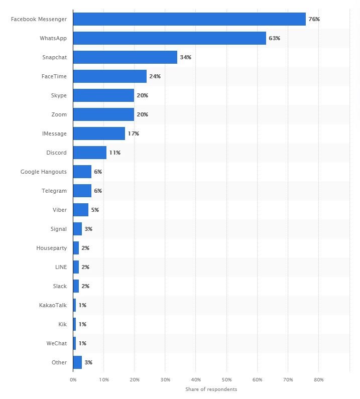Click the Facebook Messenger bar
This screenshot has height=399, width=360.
coord(189,19)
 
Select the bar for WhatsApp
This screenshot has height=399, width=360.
coord(170,38)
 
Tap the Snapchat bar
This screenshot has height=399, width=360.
coord(125,57)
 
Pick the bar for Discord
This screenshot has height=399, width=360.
coord(89,153)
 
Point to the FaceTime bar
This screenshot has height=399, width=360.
coord(110,76)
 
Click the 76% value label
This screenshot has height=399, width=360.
coord(314,19)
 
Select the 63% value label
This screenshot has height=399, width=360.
coord(274,38)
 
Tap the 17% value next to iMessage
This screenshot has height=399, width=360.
coord(133,134)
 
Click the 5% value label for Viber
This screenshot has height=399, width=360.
coord(95,210)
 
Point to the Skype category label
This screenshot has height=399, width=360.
coord(59,95)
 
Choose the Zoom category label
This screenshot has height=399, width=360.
coord(59,114)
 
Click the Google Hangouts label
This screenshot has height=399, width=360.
coord(43,172)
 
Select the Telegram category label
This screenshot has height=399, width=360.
coord(54,191)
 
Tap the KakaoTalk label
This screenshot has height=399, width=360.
coord(53,305)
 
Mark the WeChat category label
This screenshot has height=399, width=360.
coord(56,343)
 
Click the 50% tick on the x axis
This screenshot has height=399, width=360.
coord(226,380)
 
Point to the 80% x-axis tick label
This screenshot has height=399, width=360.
coord(319,380)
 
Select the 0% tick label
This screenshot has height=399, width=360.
coord(73,380)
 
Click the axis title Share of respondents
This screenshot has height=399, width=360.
coord(211,389)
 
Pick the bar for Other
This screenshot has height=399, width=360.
coord(77,362)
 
